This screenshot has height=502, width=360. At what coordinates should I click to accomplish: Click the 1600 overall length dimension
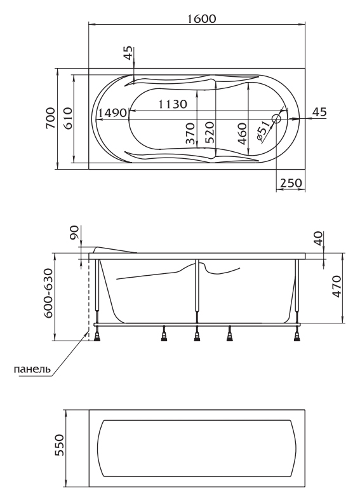click(x=201, y=18)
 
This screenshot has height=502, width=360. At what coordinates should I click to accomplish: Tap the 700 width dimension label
click(x=50, y=118)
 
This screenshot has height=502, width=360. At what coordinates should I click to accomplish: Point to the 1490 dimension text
click(x=113, y=112)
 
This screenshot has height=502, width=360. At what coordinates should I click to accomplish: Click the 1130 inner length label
click(x=173, y=104)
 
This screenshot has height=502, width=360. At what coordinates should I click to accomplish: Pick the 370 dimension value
click(x=190, y=133)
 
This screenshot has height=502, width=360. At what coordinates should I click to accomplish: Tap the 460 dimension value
click(x=243, y=133)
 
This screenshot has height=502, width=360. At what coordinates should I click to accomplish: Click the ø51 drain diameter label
click(x=263, y=132)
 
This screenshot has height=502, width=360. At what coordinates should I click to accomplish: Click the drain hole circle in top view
click(x=276, y=119)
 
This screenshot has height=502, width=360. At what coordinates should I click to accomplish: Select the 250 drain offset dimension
click(x=291, y=183)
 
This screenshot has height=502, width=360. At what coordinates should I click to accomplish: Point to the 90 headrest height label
click(x=74, y=232)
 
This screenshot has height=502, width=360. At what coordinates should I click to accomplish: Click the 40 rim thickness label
click(x=318, y=238)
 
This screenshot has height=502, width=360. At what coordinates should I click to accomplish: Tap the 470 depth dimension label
click(x=337, y=286)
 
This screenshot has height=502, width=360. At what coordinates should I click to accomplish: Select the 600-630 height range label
click(x=48, y=294)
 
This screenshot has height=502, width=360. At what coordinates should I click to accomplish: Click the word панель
click(x=32, y=369)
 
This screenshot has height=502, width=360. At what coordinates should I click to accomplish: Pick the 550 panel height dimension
click(x=60, y=445)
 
